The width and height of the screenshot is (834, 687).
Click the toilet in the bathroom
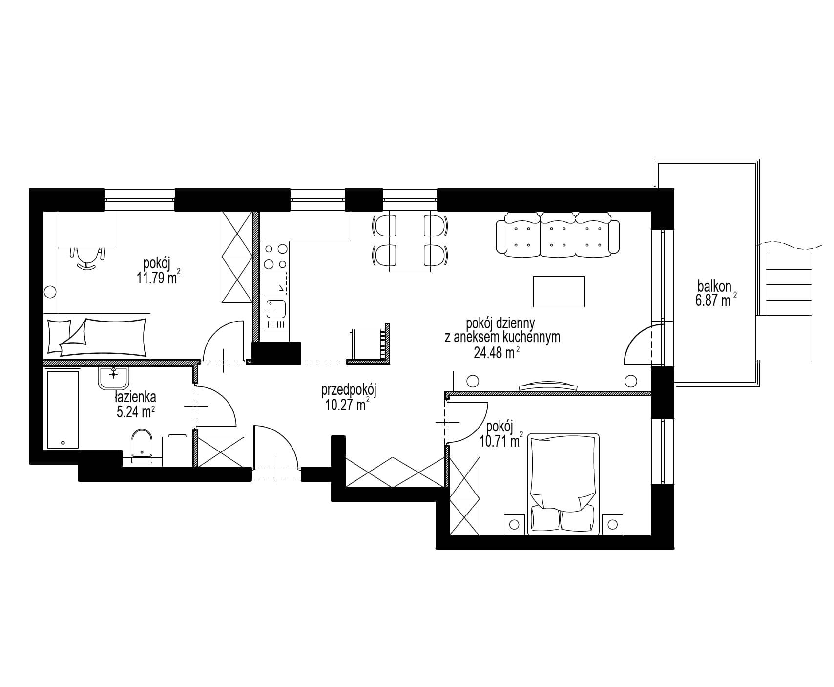(142, 446)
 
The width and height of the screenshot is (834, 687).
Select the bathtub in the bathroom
(62, 409)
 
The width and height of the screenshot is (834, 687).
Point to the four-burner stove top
(275, 257)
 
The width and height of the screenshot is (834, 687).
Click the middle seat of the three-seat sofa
(558, 235)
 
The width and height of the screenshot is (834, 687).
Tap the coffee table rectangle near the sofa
(559, 292)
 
